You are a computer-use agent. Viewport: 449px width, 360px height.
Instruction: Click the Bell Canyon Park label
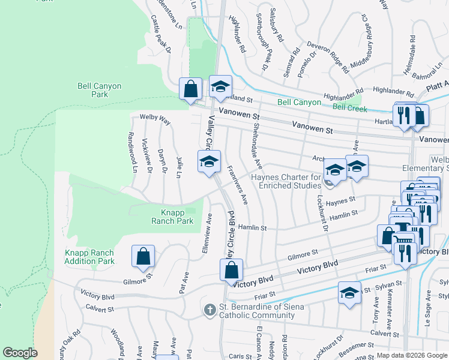[92, 90]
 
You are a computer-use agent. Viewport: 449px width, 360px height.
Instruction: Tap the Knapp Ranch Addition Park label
[89, 257]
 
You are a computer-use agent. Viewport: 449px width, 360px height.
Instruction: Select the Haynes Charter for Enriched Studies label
[286, 181]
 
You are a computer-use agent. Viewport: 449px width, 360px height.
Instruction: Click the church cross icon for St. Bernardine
[209, 310]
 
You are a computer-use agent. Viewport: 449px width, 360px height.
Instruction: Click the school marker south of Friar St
[349, 293]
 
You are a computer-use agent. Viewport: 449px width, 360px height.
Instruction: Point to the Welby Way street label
[155, 120]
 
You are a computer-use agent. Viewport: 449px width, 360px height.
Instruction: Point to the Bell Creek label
[349, 108]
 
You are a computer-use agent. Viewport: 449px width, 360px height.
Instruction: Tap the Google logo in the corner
[20, 353]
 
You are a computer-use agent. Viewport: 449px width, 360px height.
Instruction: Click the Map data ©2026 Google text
[412, 355]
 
